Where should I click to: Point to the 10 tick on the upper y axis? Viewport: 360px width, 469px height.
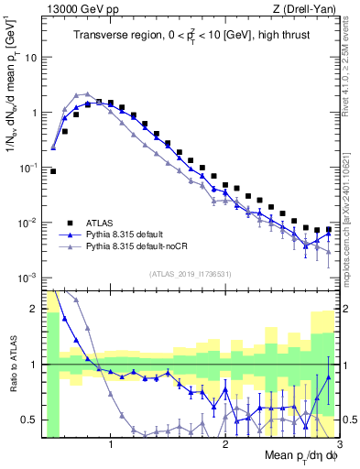(30, 57)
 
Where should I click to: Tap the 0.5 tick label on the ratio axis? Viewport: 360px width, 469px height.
(29, 420)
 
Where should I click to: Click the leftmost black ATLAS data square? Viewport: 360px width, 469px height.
(53, 171)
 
